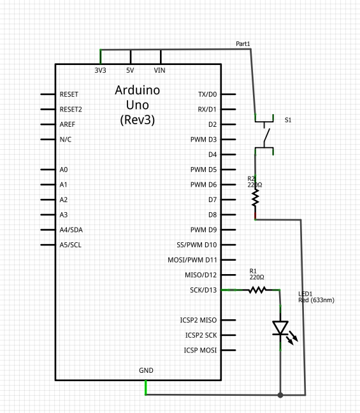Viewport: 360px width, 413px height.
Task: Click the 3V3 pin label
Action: [100, 70]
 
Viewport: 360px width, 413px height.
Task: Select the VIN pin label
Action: [159, 70]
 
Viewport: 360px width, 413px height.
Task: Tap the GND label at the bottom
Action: [146, 370]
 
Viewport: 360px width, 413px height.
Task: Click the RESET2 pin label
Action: [71, 110]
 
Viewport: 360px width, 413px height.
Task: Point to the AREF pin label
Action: [68, 124]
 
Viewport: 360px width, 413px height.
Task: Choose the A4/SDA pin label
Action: [71, 230]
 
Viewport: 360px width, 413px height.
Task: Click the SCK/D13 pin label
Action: [203, 290]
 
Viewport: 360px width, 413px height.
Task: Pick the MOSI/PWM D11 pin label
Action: [192, 260]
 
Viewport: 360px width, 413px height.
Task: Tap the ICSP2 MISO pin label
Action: [198, 320]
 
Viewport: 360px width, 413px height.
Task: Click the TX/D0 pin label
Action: [208, 94]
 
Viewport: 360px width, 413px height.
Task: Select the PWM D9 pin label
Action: [203, 230]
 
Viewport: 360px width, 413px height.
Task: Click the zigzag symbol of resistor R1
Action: [257, 290]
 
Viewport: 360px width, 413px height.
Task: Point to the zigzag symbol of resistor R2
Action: [256, 198]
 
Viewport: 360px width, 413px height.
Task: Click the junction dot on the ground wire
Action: [280, 395]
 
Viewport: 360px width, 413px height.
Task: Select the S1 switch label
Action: [288, 120]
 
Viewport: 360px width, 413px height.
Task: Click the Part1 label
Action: [243, 44]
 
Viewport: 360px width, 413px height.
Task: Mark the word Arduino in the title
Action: [138, 90]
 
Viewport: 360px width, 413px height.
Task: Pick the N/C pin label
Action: [66, 140]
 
